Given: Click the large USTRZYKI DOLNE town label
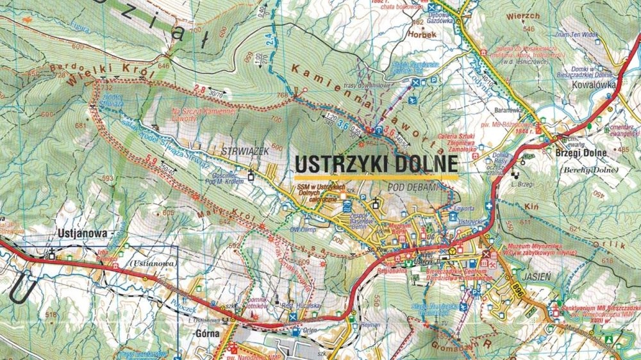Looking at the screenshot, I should click(376, 165).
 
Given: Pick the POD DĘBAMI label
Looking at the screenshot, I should click(412, 186).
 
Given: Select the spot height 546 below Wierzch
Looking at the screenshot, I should click(529, 29).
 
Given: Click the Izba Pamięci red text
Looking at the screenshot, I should click(106, 255).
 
